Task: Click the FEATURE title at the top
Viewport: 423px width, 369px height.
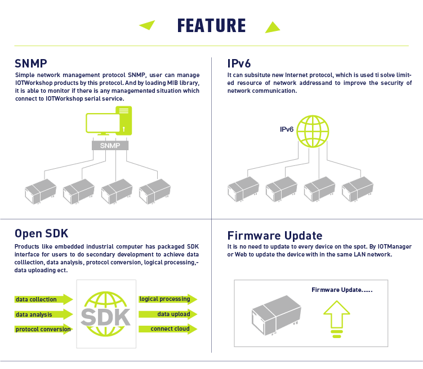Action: click(x=212, y=25)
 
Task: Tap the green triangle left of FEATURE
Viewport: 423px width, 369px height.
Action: click(x=148, y=25)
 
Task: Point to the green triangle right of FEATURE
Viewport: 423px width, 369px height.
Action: click(x=273, y=28)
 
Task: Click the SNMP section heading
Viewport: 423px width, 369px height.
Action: click(x=31, y=64)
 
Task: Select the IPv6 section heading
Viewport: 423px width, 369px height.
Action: click(x=239, y=64)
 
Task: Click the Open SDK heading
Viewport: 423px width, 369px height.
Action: click(x=41, y=233)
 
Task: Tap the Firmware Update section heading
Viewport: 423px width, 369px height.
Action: click(x=275, y=236)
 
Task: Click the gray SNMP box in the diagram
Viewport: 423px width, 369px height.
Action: click(x=110, y=146)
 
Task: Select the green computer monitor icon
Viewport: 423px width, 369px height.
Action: click(x=103, y=124)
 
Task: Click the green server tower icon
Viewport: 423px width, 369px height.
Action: click(x=124, y=120)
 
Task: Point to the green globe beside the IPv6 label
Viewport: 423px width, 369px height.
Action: click(x=313, y=132)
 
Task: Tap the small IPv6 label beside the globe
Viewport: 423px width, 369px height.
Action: click(x=287, y=129)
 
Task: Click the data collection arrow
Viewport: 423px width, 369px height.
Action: click(x=44, y=299)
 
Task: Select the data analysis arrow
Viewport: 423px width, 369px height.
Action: click(x=44, y=314)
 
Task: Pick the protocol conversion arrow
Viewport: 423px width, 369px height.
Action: click(x=44, y=329)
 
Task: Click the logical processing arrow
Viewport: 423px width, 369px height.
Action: click(x=168, y=299)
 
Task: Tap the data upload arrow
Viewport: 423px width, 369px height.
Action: click(x=168, y=314)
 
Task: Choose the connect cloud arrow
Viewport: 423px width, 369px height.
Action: click(x=168, y=329)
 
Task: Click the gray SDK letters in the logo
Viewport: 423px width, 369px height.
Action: click(x=106, y=317)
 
